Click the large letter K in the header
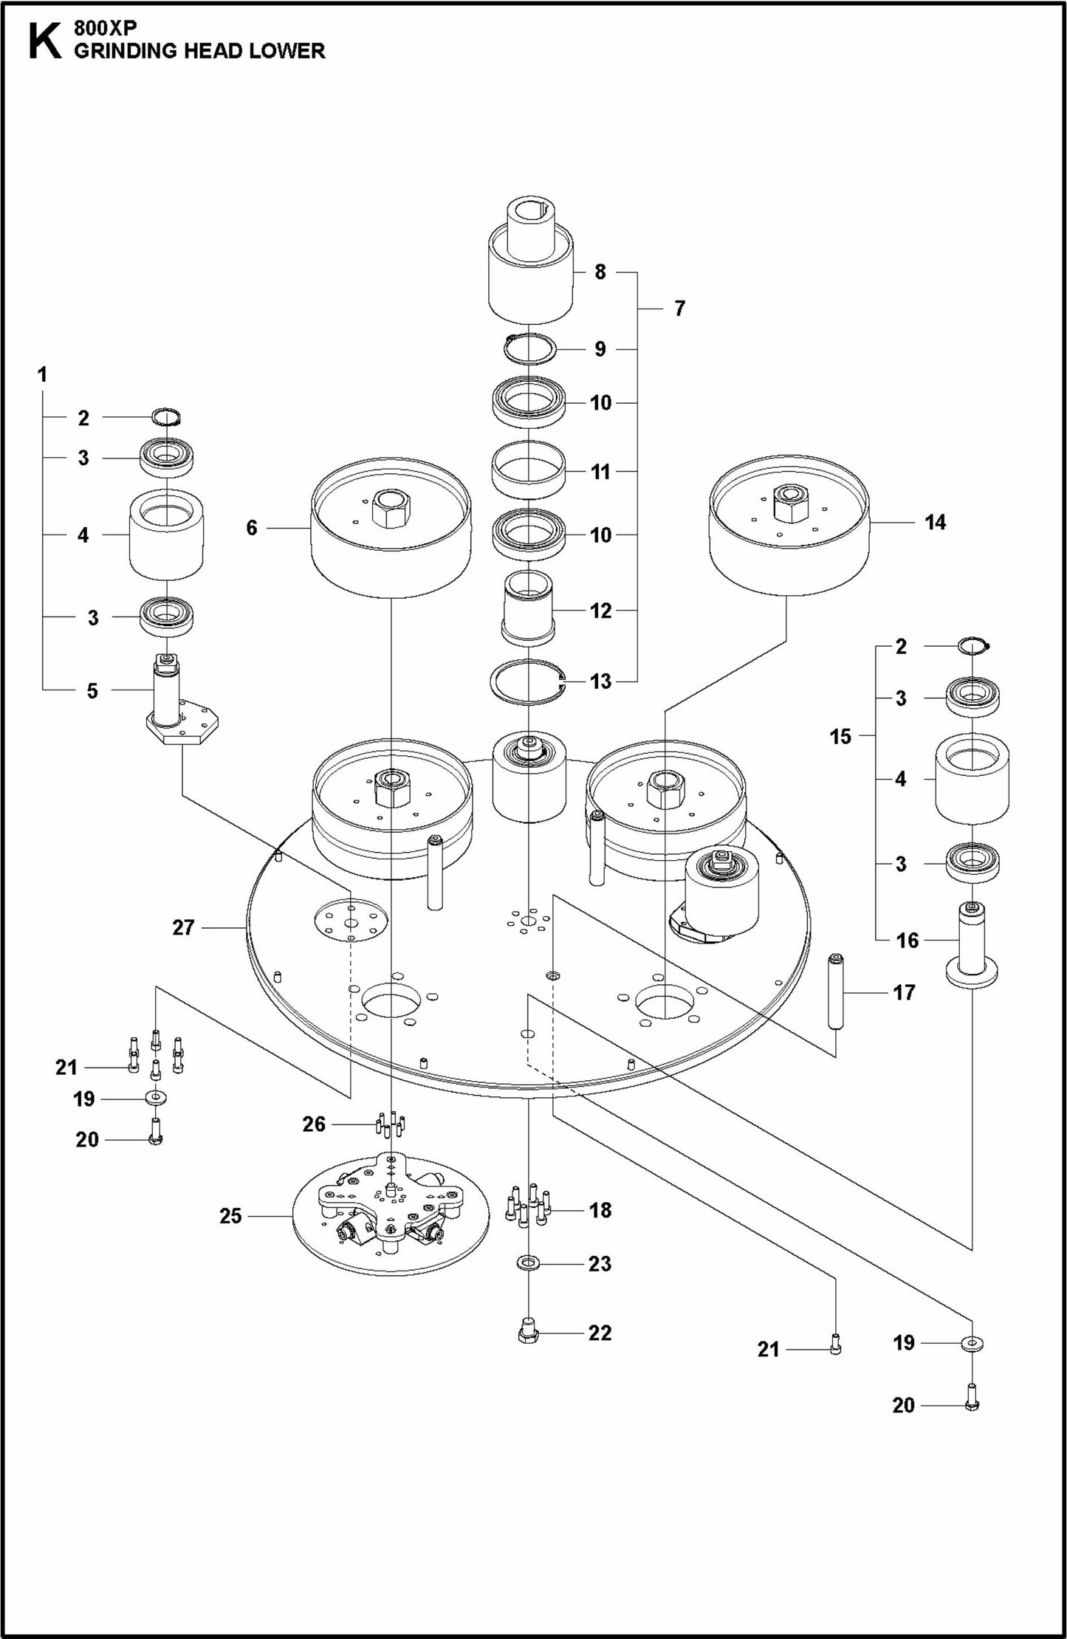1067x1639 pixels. click(44, 42)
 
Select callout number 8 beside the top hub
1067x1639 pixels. click(600, 272)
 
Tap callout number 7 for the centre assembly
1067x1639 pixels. click(679, 308)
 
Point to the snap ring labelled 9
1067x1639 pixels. click(530, 348)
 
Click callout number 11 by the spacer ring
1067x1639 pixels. click(601, 471)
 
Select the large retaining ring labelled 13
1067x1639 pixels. click(529, 681)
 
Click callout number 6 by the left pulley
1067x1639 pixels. click(252, 527)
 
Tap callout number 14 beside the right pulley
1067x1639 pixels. click(935, 522)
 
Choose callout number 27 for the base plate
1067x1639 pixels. click(183, 927)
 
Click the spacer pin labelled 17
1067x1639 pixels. click(836, 992)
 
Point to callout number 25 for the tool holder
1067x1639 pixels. click(230, 1215)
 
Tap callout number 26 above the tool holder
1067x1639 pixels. click(314, 1124)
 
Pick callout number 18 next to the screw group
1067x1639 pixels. click(600, 1209)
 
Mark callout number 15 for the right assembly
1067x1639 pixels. click(840, 736)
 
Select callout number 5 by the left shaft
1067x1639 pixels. click(92, 690)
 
